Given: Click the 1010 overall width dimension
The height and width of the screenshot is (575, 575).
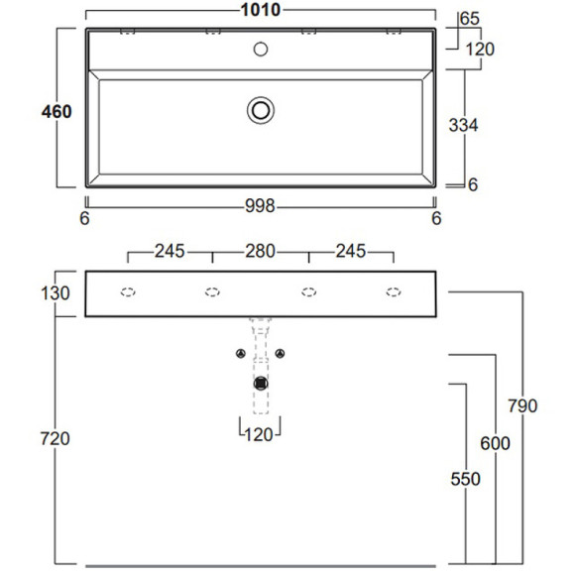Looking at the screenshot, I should click(x=261, y=11).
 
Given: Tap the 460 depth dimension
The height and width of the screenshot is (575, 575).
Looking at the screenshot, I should click(x=57, y=112).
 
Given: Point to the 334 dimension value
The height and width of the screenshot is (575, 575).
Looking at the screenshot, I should click(x=464, y=126).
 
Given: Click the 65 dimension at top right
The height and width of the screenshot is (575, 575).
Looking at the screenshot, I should click(x=470, y=18).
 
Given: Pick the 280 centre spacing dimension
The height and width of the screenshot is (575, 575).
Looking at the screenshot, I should click(x=261, y=251).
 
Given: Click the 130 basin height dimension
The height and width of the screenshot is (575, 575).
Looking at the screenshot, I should click(x=57, y=293).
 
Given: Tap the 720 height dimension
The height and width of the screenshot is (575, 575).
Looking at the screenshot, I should click(x=57, y=438).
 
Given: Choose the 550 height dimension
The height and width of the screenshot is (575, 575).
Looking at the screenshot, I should click(x=464, y=479).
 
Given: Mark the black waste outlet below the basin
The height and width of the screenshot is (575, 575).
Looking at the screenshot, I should click(x=261, y=383).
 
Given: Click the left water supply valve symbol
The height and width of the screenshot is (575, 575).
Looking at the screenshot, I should click(x=240, y=354).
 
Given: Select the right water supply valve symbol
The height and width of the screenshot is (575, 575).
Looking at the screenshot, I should click(x=282, y=354).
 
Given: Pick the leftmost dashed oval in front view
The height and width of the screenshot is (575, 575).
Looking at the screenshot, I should click(x=127, y=291).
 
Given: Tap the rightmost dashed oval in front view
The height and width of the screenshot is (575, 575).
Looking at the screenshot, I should click(x=394, y=291).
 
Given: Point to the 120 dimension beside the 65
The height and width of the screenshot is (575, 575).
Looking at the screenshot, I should click(x=479, y=50).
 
